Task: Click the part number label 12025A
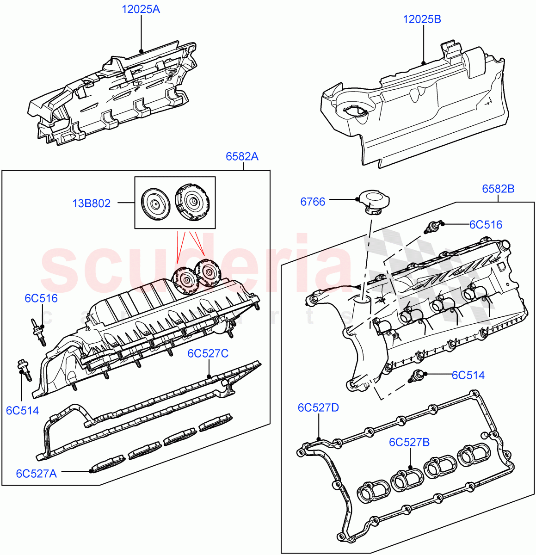141,9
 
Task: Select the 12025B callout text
422,19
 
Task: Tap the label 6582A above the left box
242,157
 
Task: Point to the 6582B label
498,189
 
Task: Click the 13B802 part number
91,203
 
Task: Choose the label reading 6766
313,202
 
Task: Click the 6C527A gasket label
36,473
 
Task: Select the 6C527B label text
409,442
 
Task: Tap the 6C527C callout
208,353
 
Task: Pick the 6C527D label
318,407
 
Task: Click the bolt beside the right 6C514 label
416,376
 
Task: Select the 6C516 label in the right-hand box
485,224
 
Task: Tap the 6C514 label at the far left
22,410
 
